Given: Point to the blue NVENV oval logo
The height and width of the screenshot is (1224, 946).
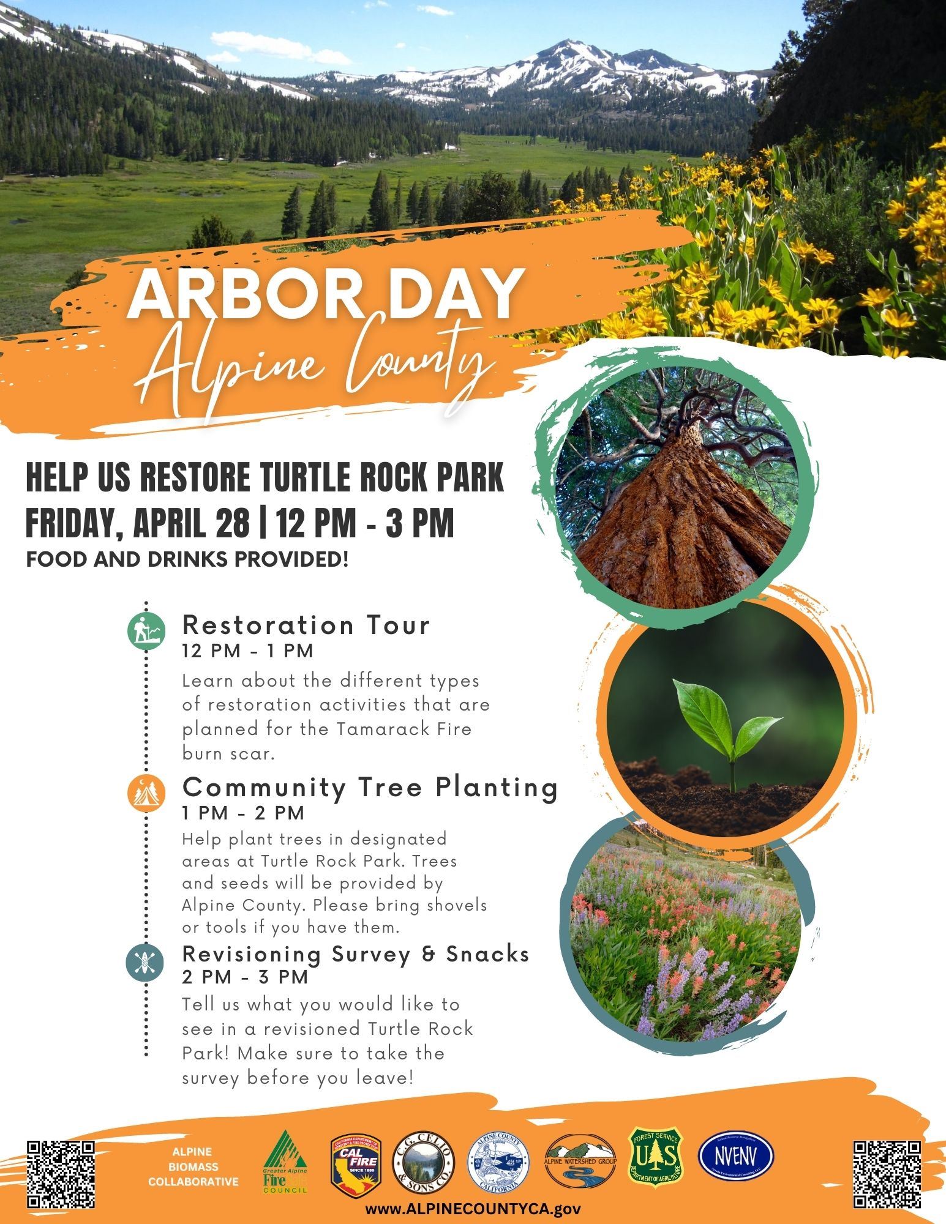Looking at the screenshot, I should (x=736, y=1155).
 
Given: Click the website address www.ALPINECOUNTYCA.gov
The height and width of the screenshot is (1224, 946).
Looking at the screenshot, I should (x=473, y=1209).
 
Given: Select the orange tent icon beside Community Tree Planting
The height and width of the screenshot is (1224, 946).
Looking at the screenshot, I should (x=146, y=794).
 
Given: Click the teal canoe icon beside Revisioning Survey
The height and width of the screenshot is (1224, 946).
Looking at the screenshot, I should (x=146, y=963).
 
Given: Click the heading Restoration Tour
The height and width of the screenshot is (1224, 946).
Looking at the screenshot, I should (x=307, y=625).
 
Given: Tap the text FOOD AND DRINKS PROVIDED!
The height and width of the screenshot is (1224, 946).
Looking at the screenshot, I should (x=187, y=559).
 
